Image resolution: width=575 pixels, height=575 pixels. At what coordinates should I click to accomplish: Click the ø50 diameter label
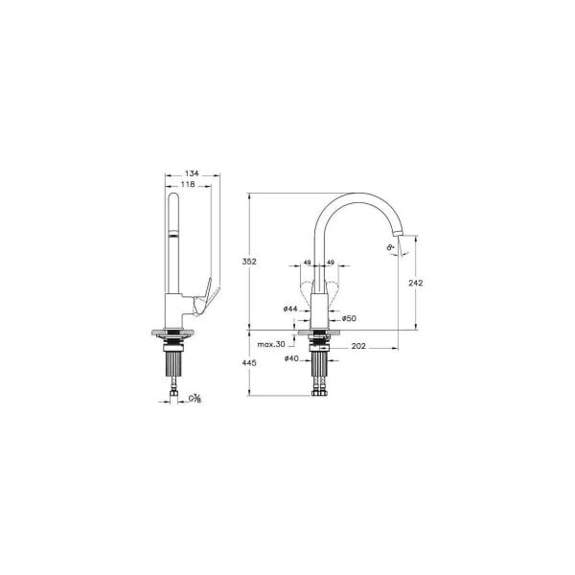349,317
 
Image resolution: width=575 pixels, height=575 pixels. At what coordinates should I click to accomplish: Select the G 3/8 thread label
195,397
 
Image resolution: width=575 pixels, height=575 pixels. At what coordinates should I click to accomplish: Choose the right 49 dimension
331,262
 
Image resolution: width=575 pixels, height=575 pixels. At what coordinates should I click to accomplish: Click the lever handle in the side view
204,294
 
